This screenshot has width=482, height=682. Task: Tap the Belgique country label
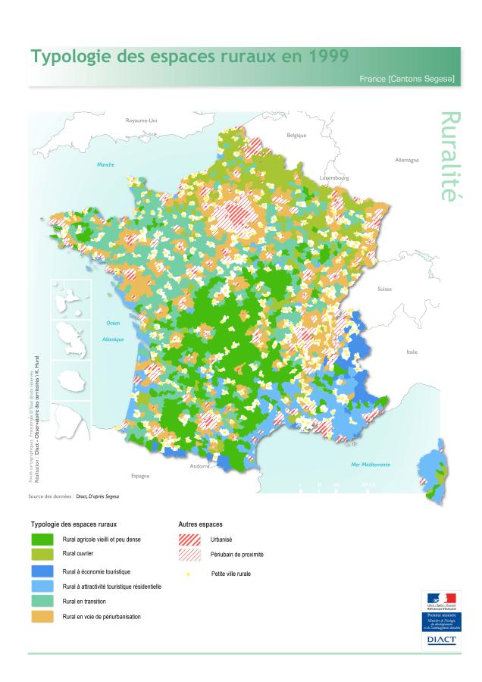pos(296,135)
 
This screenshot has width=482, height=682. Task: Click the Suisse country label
pos(384,289)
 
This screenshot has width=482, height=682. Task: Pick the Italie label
pos(412,352)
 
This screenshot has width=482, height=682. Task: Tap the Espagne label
pos(140,475)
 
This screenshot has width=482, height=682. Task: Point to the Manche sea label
pos(105,164)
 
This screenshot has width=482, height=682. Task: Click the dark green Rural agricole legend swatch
pos(41,540)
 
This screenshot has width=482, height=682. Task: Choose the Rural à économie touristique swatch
pos(41,571)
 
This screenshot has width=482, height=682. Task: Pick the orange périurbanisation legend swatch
pos(41,617)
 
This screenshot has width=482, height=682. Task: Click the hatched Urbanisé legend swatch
pos(189,540)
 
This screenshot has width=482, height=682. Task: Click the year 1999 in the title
pos(324,57)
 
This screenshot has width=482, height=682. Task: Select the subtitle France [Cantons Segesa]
pos(406,78)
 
